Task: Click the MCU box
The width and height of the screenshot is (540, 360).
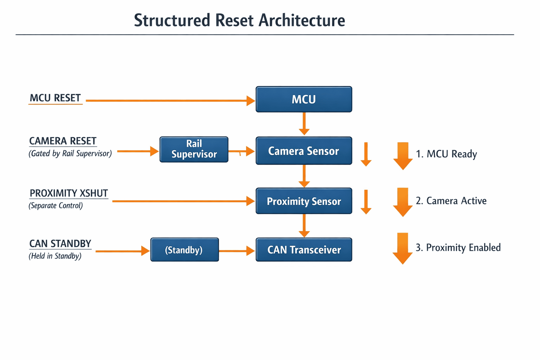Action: pyautogui.click(x=304, y=99)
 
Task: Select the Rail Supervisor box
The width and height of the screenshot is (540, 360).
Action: pyautogui.click(x=194, y=149)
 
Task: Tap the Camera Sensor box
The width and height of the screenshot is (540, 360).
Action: pyautogui.click(x=304, y=151)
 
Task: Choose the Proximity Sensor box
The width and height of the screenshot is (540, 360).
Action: pyautogui.click(x=304, y=201)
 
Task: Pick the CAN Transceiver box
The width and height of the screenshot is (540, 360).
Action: pyautogui.click(x=304, y=250)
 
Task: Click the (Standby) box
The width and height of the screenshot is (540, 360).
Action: pyautogui.click(x=185, y=250)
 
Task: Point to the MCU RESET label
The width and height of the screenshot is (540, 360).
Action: pyautogui.click(x=55, y=98)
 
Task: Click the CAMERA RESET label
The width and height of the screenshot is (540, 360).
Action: pyautogui.click(x=63, y=141)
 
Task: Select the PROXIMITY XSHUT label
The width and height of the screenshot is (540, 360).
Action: pyautogui.click(x=69, y=193)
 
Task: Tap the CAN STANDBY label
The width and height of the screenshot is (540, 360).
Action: pyautogui.click(x=60, y=244)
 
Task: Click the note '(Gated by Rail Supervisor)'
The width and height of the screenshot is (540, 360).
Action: pyautogui.click(x=70, y=154)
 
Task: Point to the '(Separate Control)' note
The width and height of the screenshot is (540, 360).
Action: pyautogui.click(x=56, y=205)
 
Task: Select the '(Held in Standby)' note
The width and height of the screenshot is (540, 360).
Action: pyautogui.click(x=55, y=256)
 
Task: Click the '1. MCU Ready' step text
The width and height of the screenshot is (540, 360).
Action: pyautogui.click(x=446, y=154)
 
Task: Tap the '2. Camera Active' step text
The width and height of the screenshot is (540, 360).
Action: pyautogui.click(x=451, y=201)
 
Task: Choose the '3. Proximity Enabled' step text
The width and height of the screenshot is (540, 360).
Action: pyautogui.click(x=458, y=247)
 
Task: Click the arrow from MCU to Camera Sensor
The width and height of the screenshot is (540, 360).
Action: pyautogui.click(x=304, y=124)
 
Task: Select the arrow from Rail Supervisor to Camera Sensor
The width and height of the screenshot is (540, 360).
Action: pyautogui.click(x=242, y=151)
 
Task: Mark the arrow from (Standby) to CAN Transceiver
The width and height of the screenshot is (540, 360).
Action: pyautogui.click(x=237, y=251)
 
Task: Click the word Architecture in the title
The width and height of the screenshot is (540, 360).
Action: pyautogui.click(x=302, y=20)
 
